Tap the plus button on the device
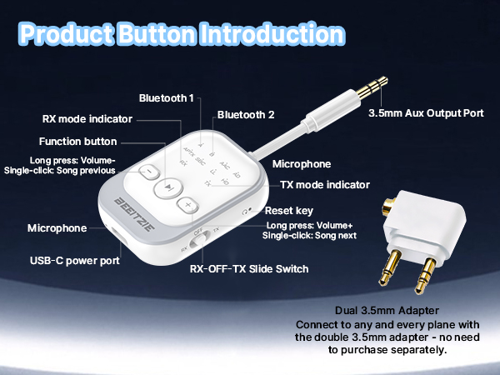coord(188,204)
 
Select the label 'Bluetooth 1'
coord(167,98)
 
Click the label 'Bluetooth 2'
coord(245,114)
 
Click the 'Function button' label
coord(77,142)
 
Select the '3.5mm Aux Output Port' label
coord(425,113)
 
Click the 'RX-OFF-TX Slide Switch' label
coord(250,268)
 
